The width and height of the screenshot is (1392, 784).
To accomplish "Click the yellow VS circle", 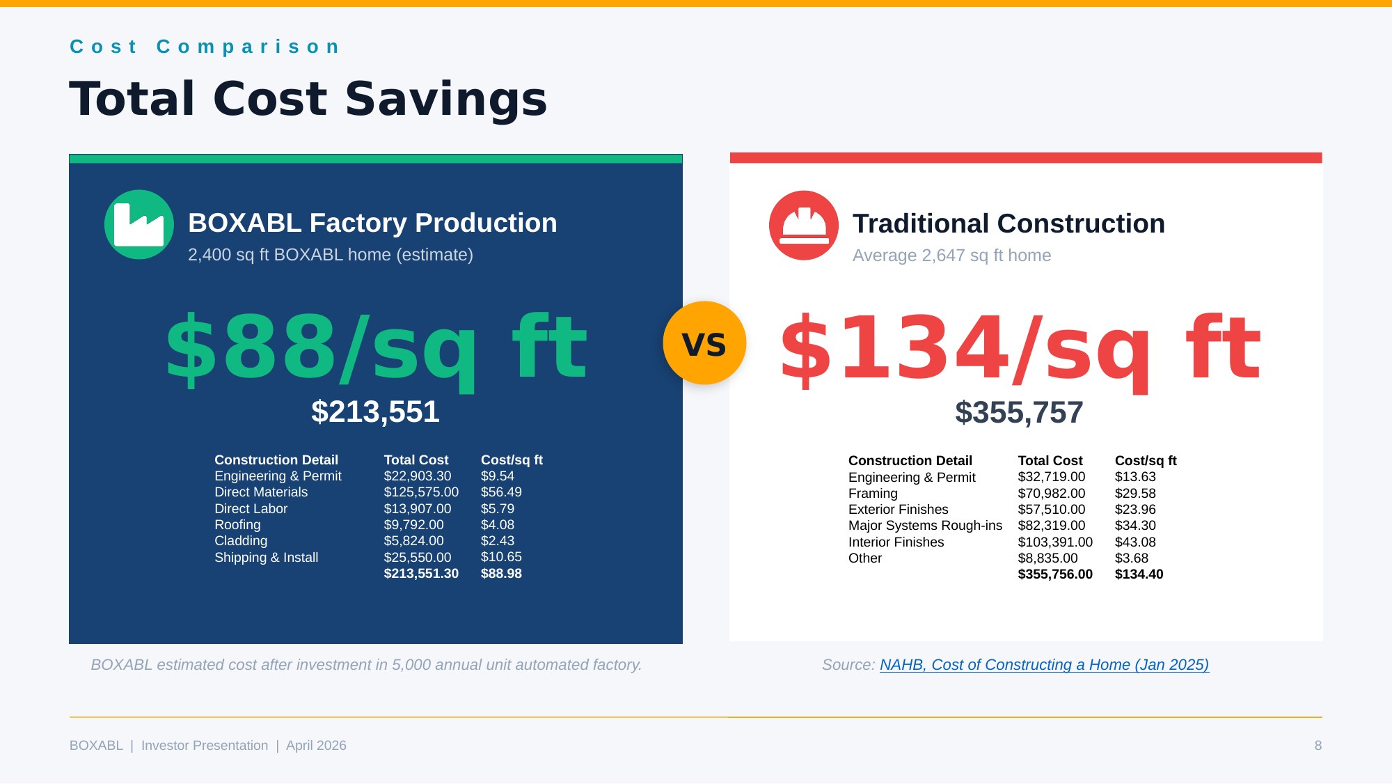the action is [x=704, y=343].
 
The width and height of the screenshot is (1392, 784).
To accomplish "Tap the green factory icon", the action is [x=139, y=224].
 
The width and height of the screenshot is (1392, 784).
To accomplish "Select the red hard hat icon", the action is [x=804, y=225].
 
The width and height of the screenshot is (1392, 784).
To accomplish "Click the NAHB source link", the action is [x=1044, y=665].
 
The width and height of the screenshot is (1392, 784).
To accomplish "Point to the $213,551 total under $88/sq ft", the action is [x=375, y=411].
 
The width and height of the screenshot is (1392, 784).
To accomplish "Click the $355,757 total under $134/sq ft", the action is [x=1019, y=412].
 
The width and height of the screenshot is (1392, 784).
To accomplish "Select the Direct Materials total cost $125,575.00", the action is [x=421, y=492].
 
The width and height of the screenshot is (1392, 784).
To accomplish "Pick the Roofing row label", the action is [x=237, y=525].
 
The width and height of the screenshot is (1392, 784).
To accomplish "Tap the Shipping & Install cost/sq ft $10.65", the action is [x=501, y=557].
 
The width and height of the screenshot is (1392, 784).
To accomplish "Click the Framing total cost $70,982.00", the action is [x=1052, y=494].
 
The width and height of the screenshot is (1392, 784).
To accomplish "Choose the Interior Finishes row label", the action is [x=896, y=542].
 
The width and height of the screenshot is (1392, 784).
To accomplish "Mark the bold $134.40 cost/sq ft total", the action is [x=1139, y=574].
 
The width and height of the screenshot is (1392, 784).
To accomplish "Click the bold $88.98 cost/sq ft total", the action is [x=501, y=574].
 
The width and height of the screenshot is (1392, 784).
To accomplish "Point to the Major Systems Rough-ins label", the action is [x=925, y=526].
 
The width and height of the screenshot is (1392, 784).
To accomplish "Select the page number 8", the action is [x=1318, y=746].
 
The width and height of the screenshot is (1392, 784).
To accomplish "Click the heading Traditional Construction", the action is [x=1009, y=224].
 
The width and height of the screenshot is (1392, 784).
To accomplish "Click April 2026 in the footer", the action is [x=316, y=746].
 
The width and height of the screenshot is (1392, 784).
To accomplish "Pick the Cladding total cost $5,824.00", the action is [x=413, y=541].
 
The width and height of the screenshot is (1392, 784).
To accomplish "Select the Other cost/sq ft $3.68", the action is [x=1132, y=558].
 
